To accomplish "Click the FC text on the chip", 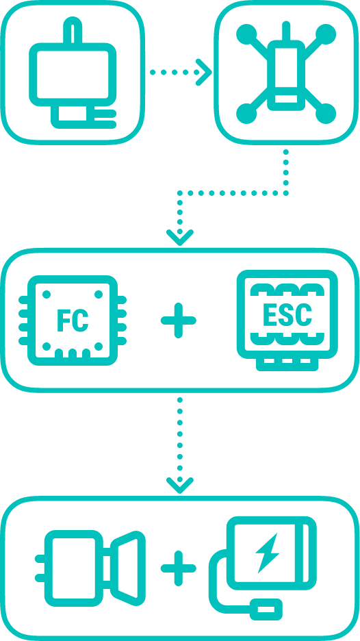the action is (x=73, y=320).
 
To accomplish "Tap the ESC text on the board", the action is (x=287, y=314).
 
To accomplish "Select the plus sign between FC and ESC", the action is (x=178, y=320).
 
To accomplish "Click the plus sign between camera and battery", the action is (x=178, y=568).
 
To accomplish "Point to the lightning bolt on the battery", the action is (x=267, y=553).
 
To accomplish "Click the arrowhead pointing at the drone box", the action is (x=204, y=73).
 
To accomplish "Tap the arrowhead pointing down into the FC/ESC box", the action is (x=180, y=238).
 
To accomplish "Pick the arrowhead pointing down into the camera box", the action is (x=180, y=486).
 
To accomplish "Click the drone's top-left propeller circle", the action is (x=246, y=34).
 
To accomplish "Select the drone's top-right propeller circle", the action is (x=326, y=34).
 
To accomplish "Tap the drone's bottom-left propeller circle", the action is (x=246, y=113).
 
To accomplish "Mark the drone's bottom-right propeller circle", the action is (x=326, y=113).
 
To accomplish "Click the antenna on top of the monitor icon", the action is (x=73, y=29).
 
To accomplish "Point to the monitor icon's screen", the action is (x=73, y=75).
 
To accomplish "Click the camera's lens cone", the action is (x=128, y=568).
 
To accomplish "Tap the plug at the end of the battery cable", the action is (x=266, y=609).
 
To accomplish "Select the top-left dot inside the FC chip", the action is (x=47, y=294).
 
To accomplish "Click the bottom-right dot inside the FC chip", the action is (x=99, y=347).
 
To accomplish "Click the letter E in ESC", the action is (x=270, y=314).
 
